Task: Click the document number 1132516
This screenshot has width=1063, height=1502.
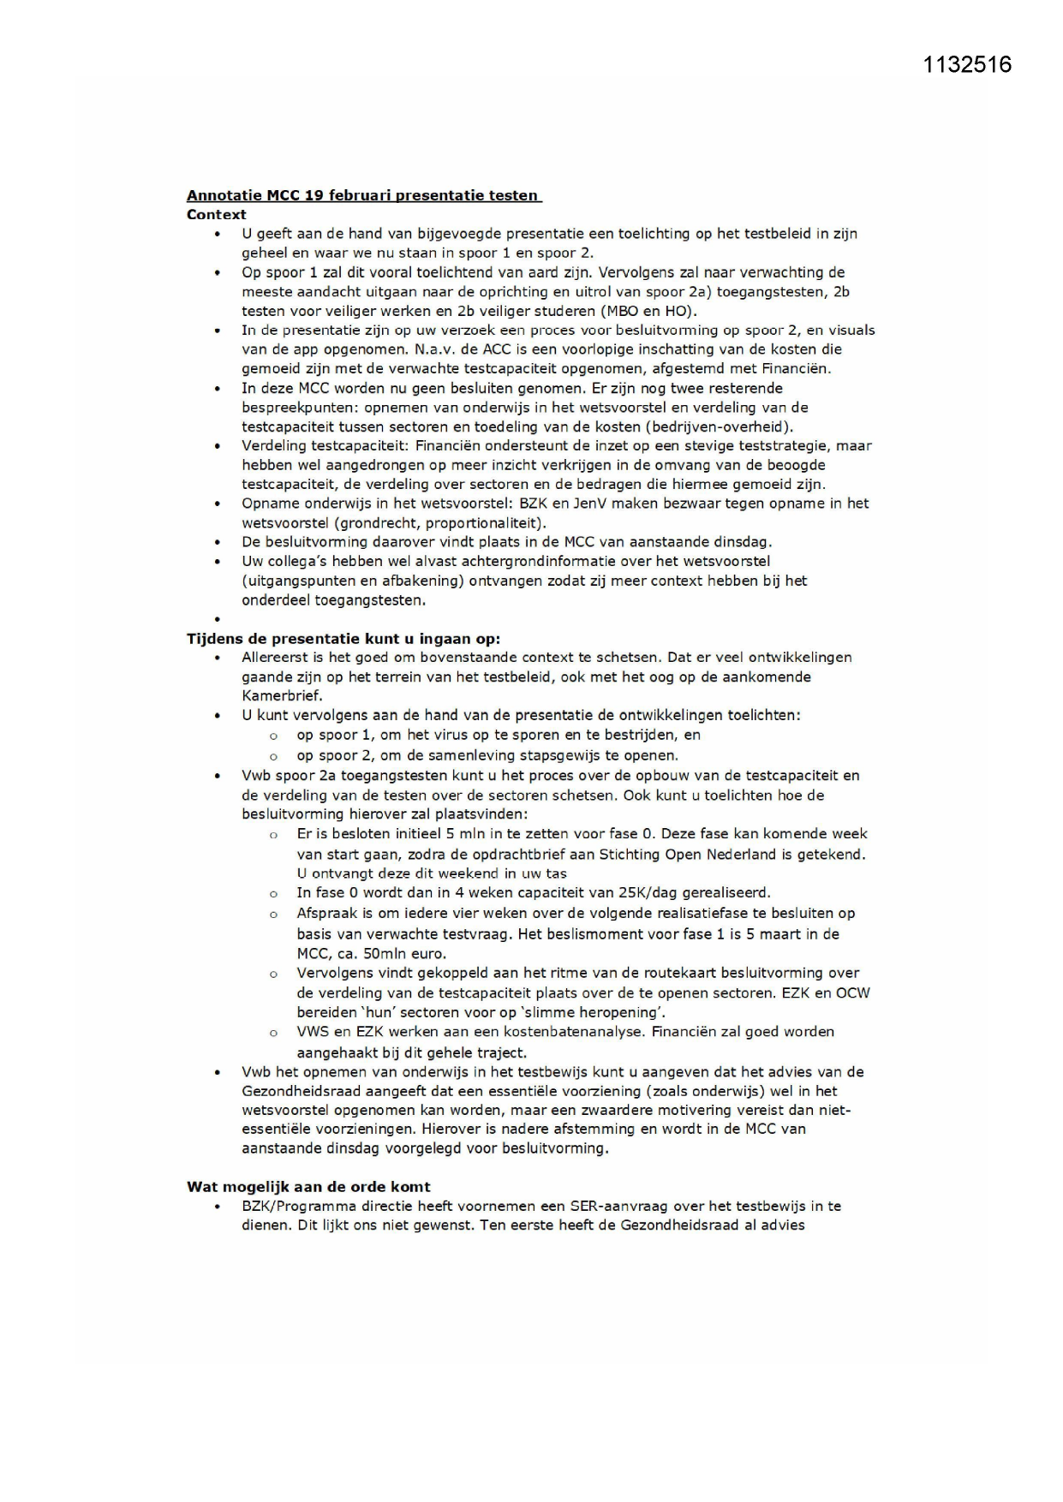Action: coord(967,65)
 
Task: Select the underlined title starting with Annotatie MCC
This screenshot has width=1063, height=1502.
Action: coord(363,195)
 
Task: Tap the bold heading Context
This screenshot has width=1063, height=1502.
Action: coord(216,214)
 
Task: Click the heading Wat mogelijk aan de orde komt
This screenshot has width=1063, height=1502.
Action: coord(308,1186)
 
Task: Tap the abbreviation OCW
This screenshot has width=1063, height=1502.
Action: coord(852,992)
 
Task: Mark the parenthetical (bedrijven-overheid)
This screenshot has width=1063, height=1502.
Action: coord(720,426)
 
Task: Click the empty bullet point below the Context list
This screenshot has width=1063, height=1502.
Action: coord(218,619)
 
